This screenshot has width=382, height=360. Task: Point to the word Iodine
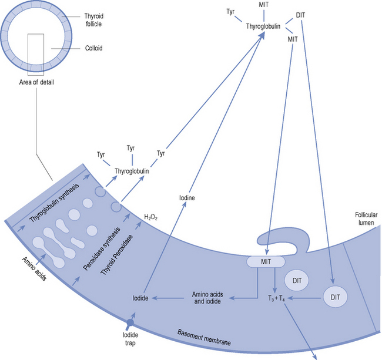(187, 198)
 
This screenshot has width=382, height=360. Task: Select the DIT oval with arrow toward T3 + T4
(334, 297)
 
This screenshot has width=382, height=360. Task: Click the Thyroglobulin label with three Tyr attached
(132, 171)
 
